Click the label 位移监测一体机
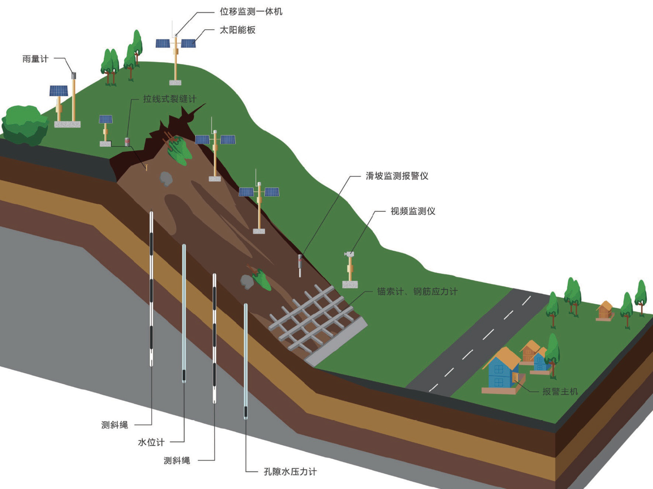pos(251,12)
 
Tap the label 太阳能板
pos(238,30)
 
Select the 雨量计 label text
pos(35,59)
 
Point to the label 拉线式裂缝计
pos(170,99)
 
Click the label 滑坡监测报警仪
pos(397,176)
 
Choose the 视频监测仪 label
pos(413,211)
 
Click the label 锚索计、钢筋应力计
pos(417,291)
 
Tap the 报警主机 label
pos(560,391)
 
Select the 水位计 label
pos(151,442)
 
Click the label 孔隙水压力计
pos(290,472)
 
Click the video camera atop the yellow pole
pos(349,254)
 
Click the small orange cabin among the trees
pos(604,311)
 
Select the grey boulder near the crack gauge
pos(166,178)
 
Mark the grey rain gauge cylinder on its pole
pos(73,75)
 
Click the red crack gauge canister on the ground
pos(127,142)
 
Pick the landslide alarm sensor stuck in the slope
pos(300,264)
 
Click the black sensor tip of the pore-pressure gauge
pos(246,412)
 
